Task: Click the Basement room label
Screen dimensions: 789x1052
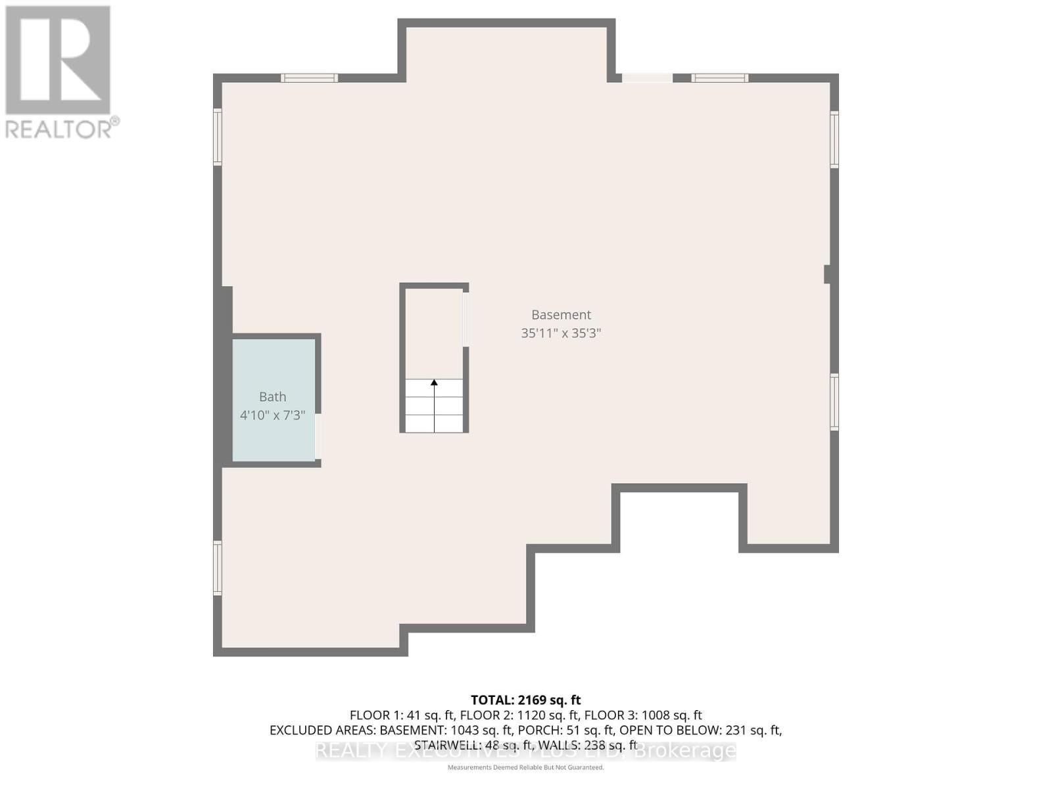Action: point(561,315)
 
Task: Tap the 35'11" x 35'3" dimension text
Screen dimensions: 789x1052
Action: point(561,333)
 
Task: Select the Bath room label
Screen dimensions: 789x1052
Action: point(272,396)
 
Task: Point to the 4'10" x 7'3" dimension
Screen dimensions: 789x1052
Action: point(272,416)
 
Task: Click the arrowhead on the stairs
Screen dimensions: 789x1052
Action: point(434,383)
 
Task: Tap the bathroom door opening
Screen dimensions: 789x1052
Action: point(318,436)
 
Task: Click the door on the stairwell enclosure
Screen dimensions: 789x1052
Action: point(466,320)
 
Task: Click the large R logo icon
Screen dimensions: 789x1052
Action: point(58,60)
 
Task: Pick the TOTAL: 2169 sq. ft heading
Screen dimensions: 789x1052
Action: point(525,700)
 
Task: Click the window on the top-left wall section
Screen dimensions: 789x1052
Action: point(309,78)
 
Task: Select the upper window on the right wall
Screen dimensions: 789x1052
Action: point(834,139)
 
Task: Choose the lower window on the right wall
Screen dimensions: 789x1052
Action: point(834,402)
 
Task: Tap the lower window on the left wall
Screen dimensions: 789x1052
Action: point(218,568)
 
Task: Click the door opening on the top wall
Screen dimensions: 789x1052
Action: point(647,78)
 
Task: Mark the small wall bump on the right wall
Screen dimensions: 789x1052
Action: point(828,274)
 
